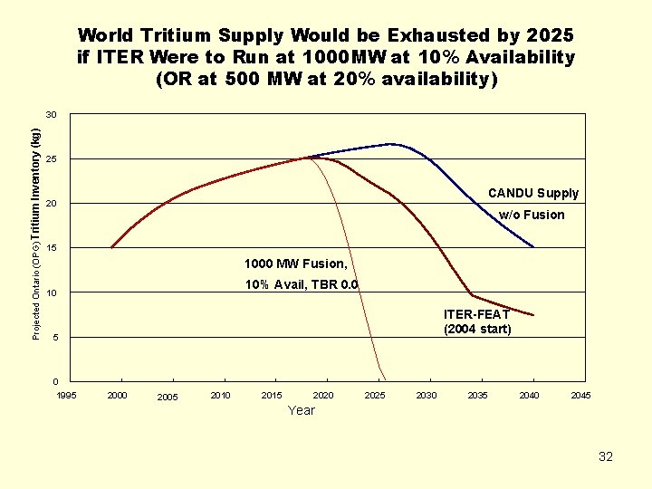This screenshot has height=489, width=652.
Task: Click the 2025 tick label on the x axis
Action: (x=374, y=396)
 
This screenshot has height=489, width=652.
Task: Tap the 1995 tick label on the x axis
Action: (x=66, y=396)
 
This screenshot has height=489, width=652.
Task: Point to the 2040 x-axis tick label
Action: (x=529, y=396)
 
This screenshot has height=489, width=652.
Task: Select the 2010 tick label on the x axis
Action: (x=220, y=396)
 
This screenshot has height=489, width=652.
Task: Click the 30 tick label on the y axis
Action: (x=52, y=115)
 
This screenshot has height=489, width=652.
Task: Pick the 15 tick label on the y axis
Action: (x=52, y=248)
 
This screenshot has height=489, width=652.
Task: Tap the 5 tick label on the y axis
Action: (x=54, y=338)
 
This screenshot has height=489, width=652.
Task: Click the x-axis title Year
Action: (x=302, y=410)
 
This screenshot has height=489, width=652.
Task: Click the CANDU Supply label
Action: (x=533, y=193)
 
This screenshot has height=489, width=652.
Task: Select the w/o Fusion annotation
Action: (x=532, y=215)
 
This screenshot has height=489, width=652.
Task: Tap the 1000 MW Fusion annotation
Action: (x=295, y=264)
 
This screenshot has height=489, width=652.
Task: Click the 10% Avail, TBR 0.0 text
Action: (x=302, y=285)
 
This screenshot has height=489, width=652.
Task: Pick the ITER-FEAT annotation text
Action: (x=476, y=314)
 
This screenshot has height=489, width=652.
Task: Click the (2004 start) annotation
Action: (x=477, y=329)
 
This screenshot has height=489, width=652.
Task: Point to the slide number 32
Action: (x=606, y=456)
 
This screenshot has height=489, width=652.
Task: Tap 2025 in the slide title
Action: (x=549, y=35)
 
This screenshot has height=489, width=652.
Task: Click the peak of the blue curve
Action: (x=391, y=144)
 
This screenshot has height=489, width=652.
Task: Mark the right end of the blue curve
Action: (x=533, y=246)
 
